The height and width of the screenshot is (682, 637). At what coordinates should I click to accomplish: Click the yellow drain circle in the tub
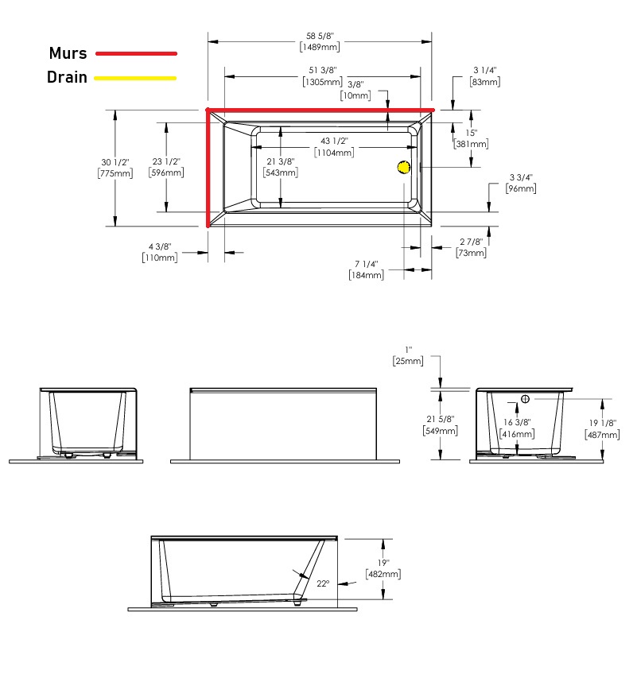pyautogui.click(x=404, y=167)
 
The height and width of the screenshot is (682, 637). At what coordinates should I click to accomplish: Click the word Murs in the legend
pyautogui.click(x=68, y=53)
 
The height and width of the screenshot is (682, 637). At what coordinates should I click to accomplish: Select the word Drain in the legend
pyautogui.click(x=67, y=77)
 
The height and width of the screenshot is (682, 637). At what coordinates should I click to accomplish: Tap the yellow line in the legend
pyautogui.click(x=135, y=78)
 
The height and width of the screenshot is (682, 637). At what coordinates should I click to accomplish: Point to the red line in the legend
pyautogui.click(x=136, y=53)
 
